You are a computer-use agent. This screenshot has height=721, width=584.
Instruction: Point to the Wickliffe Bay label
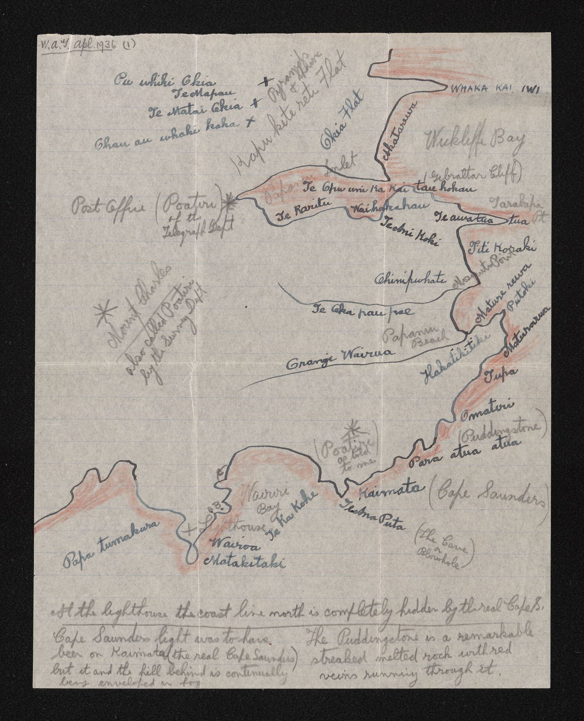[x=474, y=142]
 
